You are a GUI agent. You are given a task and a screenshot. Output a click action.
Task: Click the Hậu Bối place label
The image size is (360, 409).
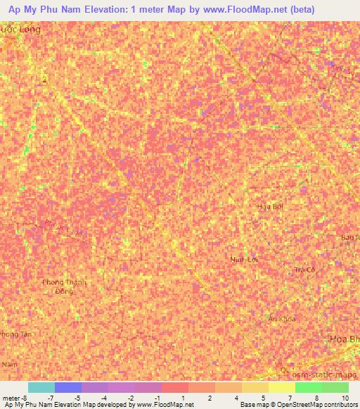coord(270,207)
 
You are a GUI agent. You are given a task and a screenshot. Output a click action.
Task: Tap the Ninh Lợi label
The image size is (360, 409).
coord(245,259)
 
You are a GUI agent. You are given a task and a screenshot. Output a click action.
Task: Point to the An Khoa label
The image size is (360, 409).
coord(282,319)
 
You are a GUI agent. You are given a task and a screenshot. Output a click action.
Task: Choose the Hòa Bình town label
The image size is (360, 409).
coord(345,339)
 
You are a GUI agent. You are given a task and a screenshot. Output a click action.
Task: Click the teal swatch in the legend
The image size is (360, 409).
coord(41,387)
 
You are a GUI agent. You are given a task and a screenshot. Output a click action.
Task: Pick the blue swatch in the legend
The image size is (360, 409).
coord(68,387)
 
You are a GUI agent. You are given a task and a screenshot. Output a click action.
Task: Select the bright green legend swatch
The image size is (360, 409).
coord(308,387)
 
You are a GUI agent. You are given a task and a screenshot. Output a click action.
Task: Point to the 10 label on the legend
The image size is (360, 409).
coord(344,398)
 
